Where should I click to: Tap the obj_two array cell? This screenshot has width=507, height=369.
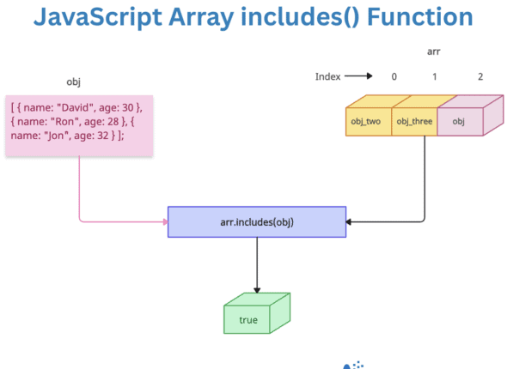pyautogui.click(x=366, y=121)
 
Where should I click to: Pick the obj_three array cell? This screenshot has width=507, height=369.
pyautogui.click(x=413, y=121)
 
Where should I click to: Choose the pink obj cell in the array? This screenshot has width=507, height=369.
pyautogui.click(x=459, y=121)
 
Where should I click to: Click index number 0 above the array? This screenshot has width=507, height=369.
pyautogui.click(x=394, y=77)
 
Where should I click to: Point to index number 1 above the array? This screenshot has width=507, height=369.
pyautogui.click(x=435, y=77)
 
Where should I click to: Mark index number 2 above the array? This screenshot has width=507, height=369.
pyautogui.click(x=480, y=77)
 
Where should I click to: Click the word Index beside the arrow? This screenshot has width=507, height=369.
pyautogui.click(x=327, y=77)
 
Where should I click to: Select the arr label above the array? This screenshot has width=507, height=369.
pyautogui.click(x=434, y=52)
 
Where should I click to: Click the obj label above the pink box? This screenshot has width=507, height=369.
pyautogui.click(x=73, y=82)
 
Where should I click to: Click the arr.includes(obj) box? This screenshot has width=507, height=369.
pyautogui.click(x=256, y=222)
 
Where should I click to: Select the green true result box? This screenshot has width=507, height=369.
pyautogui.click(x=248, y=319)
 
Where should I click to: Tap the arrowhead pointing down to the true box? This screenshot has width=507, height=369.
pyautogui.click(x=257, y=290)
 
